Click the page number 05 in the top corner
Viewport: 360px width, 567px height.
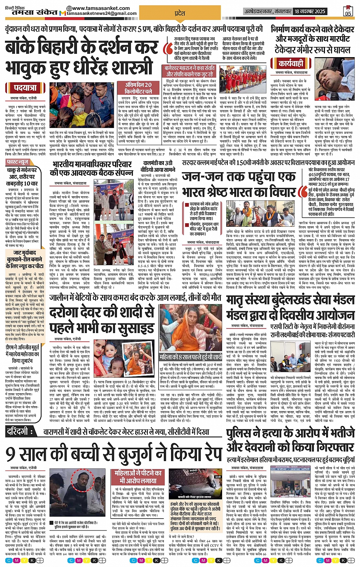(x=347, y=12)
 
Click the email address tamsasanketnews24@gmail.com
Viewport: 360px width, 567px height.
(x=102, y=14)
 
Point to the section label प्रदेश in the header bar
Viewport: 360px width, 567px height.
(x=180, y=13)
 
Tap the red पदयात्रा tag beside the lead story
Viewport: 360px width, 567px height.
(x=25, y=88)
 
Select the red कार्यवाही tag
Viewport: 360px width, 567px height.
(x=291, y=63)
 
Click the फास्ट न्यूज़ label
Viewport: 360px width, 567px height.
(x=18, y=162)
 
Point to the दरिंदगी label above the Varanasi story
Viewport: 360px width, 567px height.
(x=22, y=431)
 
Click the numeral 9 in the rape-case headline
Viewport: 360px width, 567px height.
(x=10, y=453)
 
